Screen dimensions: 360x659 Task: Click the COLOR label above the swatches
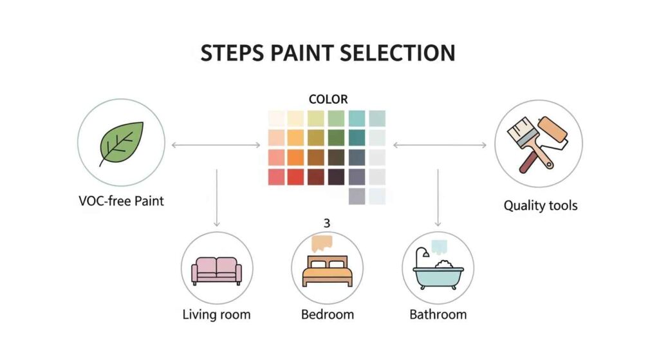point(328,99)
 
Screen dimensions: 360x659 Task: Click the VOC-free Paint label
point(120,201)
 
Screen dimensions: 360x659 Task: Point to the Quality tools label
point(540,206)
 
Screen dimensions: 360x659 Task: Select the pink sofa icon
point(217,270)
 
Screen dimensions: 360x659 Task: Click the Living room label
point(216,315)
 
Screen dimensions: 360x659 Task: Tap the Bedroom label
point(328,315)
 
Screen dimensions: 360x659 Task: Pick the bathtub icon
point(438,273)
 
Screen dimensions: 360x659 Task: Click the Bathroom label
point(438,315)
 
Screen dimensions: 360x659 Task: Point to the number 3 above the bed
point(327,223)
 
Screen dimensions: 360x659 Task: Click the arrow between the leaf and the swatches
point(216,145)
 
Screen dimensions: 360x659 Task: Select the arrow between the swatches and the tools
point(440,145)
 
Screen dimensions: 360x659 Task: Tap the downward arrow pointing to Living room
point(217,196)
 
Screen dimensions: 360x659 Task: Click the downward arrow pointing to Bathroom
point(438,196)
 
